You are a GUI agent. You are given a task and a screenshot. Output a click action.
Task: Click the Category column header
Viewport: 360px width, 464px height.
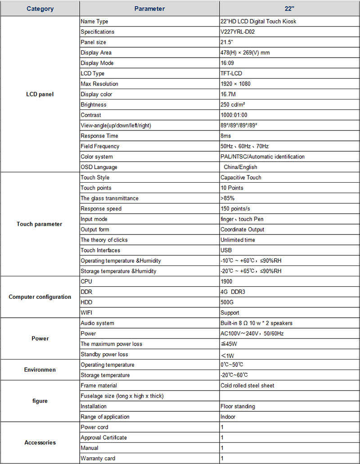coord(40,9)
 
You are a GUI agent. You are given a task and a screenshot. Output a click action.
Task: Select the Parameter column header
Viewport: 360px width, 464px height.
coord(149,9)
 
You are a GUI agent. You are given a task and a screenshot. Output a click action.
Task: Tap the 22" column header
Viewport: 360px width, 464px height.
coord(289,9)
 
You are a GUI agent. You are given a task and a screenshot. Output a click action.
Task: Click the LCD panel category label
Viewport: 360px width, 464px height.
coord(40,94)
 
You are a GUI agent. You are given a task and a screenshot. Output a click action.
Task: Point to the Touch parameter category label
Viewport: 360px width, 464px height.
coord(40,224)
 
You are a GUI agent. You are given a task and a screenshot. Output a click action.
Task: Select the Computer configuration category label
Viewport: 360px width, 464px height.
coord(40,297)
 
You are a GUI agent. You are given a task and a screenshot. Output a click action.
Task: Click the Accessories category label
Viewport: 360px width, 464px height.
coord(40,442)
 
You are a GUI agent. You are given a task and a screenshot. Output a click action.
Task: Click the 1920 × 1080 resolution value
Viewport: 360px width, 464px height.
coord(235,84)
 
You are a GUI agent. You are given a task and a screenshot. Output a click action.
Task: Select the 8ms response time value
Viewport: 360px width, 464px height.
coord(226,136)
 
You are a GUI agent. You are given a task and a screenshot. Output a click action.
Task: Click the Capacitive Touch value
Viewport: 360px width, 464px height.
coord(241,177)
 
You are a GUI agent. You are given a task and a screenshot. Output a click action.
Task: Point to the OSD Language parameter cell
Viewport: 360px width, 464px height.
coord(99,167)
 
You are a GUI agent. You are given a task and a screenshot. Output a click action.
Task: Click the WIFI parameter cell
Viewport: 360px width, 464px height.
coord(87,313)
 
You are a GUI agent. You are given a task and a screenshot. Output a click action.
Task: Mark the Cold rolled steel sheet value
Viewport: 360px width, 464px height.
coord(247,386)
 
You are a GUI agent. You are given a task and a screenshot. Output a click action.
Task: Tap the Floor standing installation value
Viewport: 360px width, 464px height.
coord(238,406)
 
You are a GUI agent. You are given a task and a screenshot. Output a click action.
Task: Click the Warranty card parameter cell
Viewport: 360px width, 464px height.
coord(98,458)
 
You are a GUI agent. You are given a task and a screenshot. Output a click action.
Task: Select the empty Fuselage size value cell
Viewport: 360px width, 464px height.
coord(289,396)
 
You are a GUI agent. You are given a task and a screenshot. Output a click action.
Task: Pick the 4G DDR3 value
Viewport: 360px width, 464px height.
coord(233,292)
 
